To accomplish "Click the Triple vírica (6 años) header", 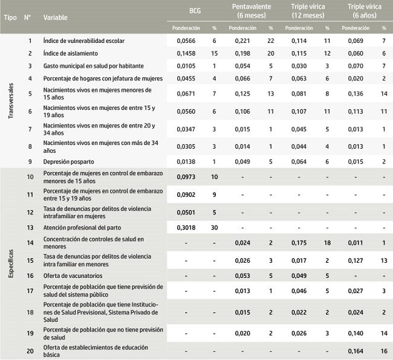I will tap(365, 10).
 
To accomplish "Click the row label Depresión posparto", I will tap(69, 162).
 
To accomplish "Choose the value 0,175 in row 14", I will tap(299, 243).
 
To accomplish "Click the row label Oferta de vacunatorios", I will tap(72, 275).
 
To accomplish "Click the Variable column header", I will tap(56, 17).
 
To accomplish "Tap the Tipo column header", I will tap(10, 17).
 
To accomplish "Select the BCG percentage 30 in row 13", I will tap(213, 229).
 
